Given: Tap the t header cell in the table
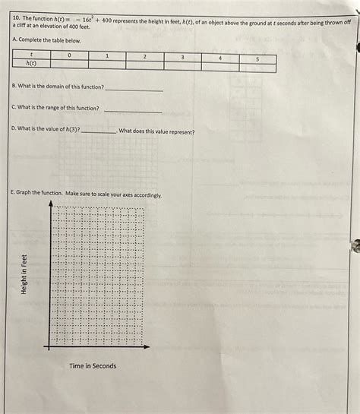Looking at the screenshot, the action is pos(31,56).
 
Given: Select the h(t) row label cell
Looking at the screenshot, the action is pos(31,65).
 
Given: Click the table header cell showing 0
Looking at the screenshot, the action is pos(69,56).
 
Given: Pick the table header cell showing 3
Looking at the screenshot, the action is pos(182,58).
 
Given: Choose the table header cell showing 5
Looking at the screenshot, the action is pos(257,59).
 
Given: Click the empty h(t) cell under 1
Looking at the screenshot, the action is pos(107,66).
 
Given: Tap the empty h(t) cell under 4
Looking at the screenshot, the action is pos(220,68).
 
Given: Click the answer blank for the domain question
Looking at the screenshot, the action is pos(134,89).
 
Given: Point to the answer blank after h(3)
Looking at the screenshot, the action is pos(98,131).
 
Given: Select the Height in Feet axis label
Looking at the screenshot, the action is pos(24,274).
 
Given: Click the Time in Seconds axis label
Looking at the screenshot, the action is pos(93,366).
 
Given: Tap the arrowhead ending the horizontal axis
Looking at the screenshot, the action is pos(148,347).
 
